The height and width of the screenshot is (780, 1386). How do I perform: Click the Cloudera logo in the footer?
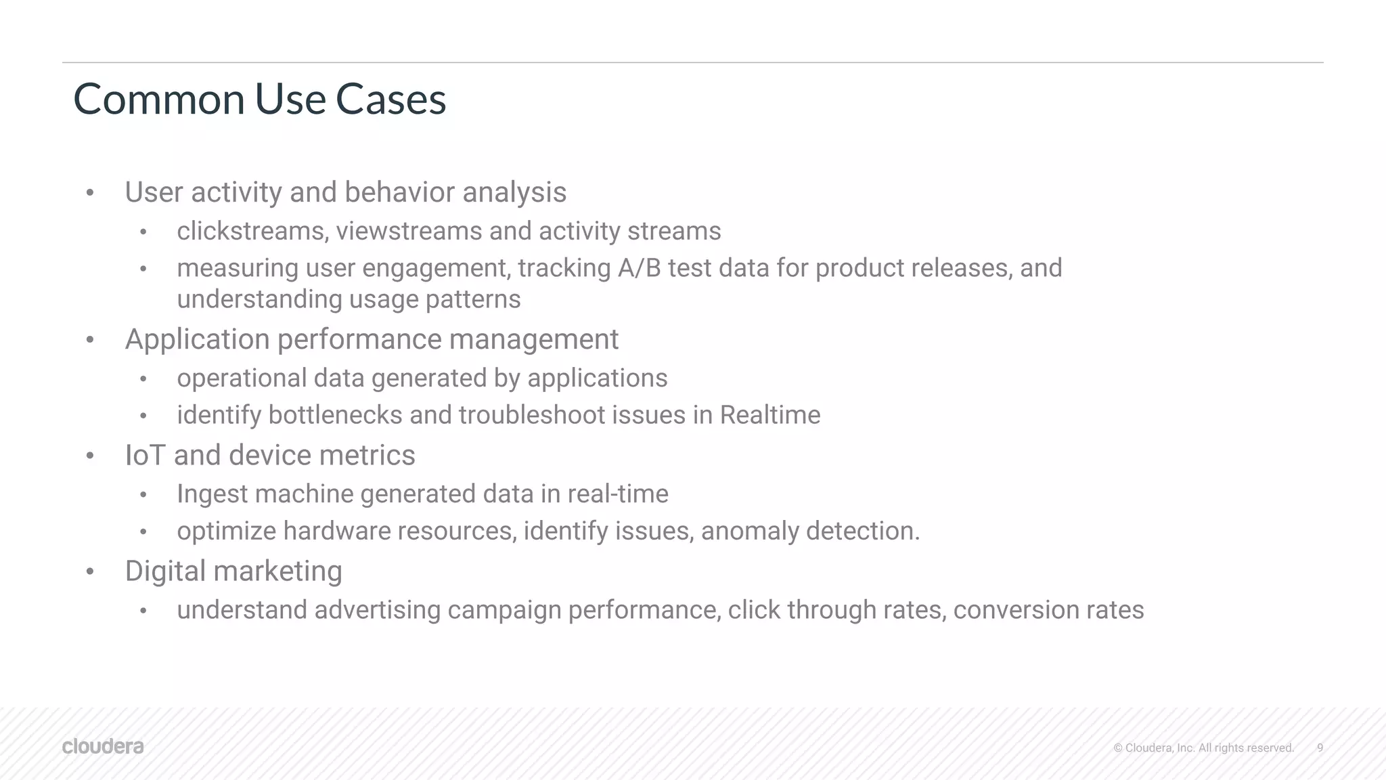103,746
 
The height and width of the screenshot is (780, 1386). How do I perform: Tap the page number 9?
1320,747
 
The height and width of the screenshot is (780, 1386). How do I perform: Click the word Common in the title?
159,99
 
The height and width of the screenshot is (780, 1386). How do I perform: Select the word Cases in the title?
390,99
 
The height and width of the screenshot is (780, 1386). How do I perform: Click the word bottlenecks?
335,415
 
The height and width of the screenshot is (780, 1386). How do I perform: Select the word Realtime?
769,415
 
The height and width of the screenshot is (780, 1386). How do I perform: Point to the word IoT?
146,455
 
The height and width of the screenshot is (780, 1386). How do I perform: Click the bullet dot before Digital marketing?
90,572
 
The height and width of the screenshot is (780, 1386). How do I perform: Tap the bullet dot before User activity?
90,193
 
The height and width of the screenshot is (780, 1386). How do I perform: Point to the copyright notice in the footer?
1203,747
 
